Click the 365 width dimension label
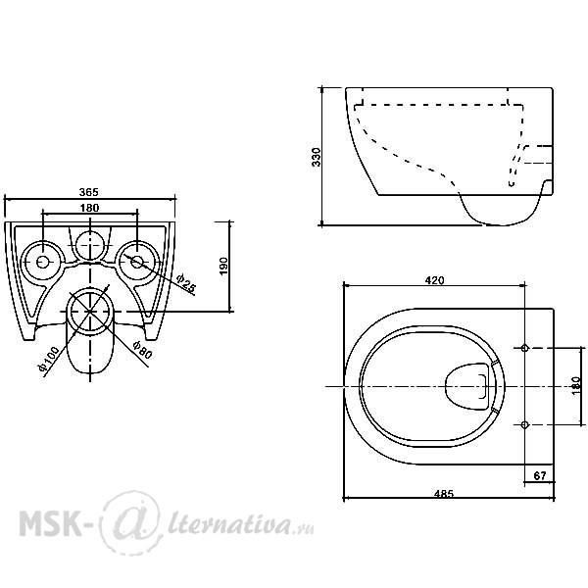89,192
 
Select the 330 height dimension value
317,157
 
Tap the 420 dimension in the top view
434,280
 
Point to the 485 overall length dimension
444,494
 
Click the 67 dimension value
540,476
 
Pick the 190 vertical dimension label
223,266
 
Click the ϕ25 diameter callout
186,283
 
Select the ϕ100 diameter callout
49,358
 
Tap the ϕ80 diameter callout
142,350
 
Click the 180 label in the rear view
89,208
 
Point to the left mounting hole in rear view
42,262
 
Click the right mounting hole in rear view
137,262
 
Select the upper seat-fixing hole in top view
525,348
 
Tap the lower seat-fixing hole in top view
525,424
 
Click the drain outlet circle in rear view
90,312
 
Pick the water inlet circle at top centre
90,245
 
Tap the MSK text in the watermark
50,522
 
